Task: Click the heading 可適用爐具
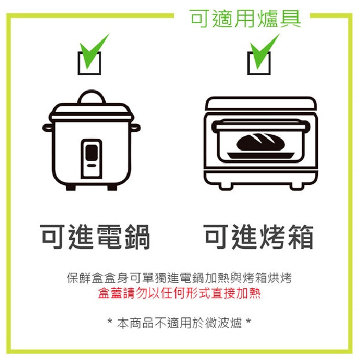click(245, 18)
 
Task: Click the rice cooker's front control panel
click(91, 158)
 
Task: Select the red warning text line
click(179, 293)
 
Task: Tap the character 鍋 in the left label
click(136, 237)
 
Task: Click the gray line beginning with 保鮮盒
click(179, 278)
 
